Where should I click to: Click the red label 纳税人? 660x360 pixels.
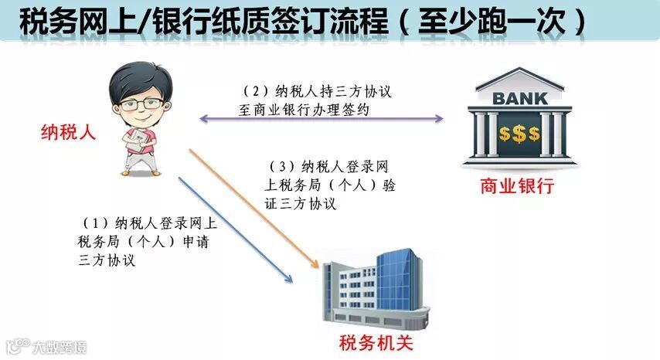coord(68,133)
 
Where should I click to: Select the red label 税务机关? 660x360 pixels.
coord(373,341)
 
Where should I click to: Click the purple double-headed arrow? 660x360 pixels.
coord(321,119)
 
